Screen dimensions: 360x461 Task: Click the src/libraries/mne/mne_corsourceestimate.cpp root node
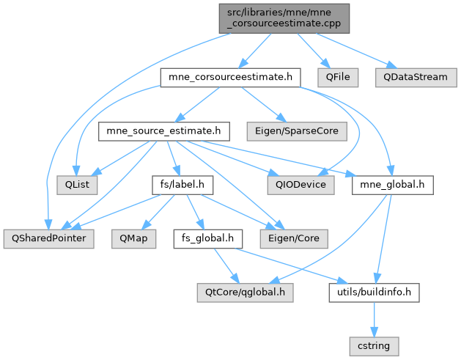(283, 17)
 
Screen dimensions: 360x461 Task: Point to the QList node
(72, 185)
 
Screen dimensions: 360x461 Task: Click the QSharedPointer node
(48, 239)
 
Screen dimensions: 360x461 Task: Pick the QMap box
(134, 239)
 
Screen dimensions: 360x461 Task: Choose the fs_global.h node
(208, 239)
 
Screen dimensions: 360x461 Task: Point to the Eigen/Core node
(293, 239)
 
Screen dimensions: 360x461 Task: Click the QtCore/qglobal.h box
(244, 293)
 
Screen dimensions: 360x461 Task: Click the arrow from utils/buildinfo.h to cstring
(375, 318)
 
